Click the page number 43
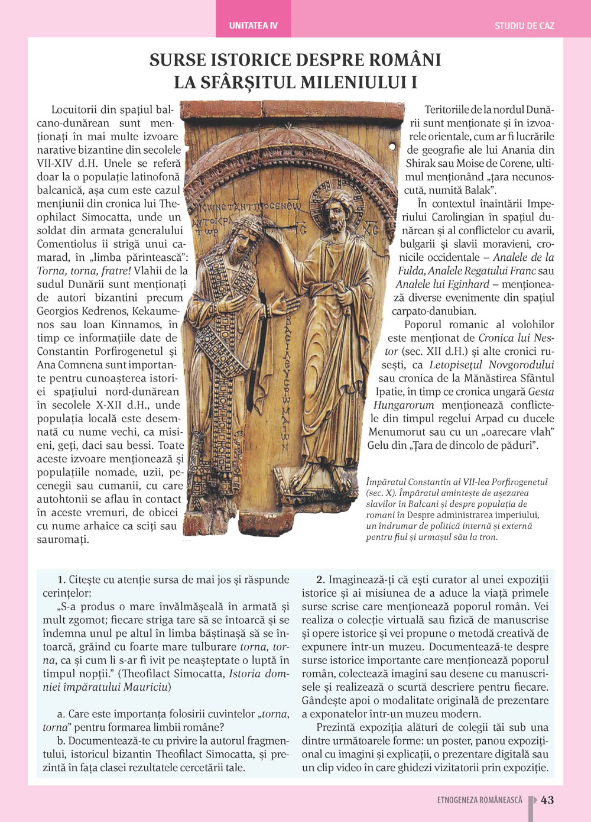point(547,800)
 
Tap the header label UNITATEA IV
point(253,26)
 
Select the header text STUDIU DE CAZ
point(524,26)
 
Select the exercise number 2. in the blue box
point(320,580)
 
